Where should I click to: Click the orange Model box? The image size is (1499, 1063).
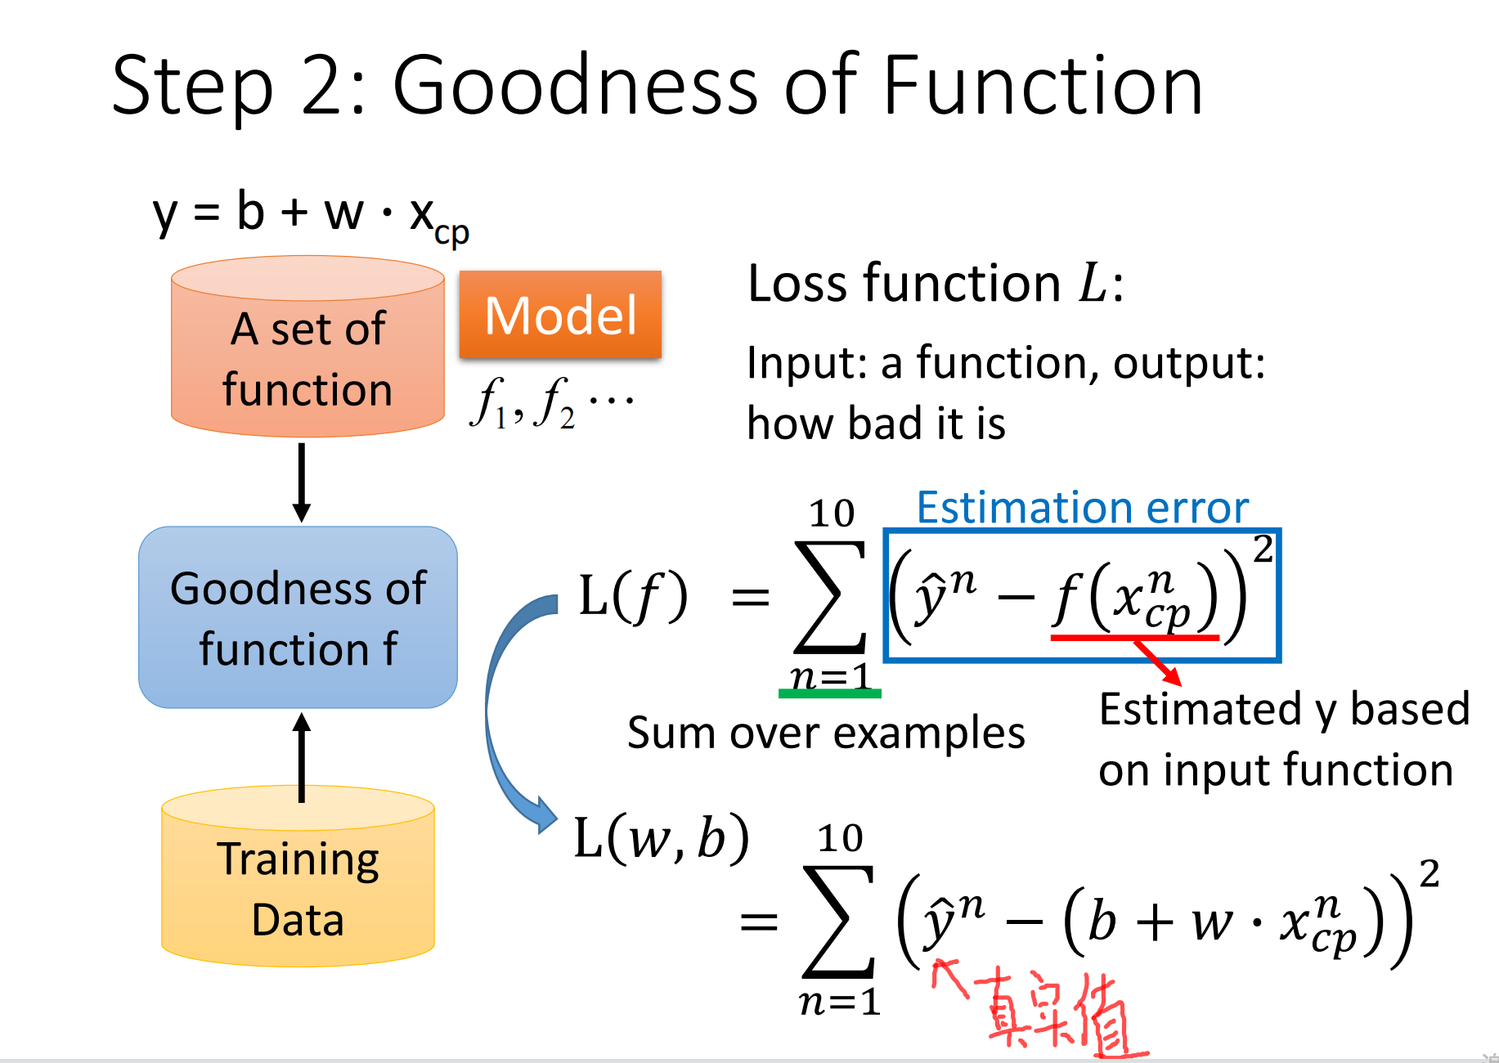click(x=560, y=315)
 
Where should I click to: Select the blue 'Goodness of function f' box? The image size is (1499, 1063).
click(x=298, y=617)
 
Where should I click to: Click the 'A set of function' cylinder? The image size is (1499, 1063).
click(x=307, y=347)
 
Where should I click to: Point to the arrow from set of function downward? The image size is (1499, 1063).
click(x=302, y=482)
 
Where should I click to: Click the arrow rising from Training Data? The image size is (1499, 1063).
click(x=302, y=757)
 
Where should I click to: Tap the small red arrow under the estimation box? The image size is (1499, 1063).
click(x=1157, y=662)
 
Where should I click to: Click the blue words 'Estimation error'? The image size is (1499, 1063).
click(x=1083, y=508)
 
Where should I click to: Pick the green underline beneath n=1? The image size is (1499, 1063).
click(x=830, y=693)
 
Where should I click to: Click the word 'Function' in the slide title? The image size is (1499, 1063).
click(x=1043, y=84)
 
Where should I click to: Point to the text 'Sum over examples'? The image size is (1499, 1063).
click(x=826, y=733)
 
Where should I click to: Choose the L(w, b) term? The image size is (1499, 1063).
click(x=662, y=838)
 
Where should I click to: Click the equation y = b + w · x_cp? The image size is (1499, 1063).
click(x=311, y=215)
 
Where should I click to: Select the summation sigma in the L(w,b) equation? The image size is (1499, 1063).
click(x=839, y=922)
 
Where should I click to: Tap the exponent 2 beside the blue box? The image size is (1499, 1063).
click(x=1263, y=548)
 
